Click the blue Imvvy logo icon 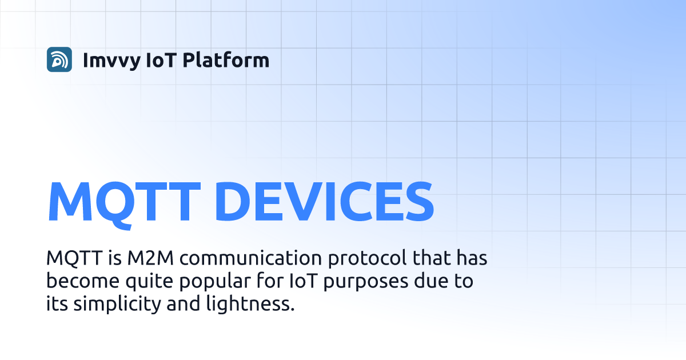[x=59, y=59]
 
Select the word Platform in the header [x=226, y=59]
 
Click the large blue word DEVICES [x=324, y=201]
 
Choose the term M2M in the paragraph [x=150, y=258]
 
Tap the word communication [x=250, y=258]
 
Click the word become [x=83, y=281]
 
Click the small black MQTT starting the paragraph [x=74, y=258]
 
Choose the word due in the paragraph [x=431, y=281]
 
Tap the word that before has [x=432, y=258]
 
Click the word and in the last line [x=183, y=303]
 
